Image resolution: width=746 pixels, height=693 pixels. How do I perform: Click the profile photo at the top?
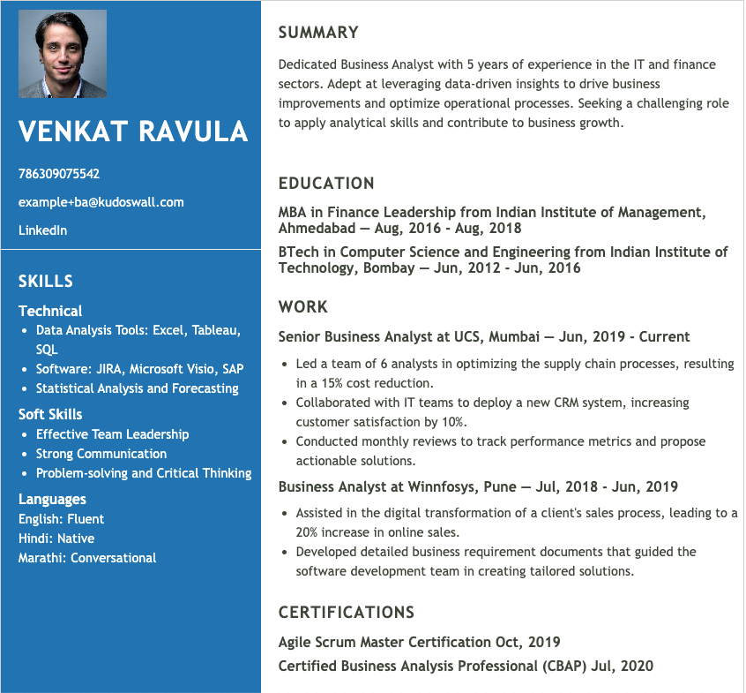point(63,54)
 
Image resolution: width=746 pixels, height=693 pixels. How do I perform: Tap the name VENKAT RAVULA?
point(133,132)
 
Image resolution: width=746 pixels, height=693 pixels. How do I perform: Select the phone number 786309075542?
point(59,174)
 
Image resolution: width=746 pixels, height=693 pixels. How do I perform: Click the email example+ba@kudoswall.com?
point(101,202)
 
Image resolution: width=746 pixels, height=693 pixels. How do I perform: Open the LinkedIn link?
point(43,230)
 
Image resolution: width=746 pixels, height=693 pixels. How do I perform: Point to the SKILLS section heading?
point(46,282)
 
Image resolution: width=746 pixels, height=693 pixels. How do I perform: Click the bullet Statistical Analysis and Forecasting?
point(138,388)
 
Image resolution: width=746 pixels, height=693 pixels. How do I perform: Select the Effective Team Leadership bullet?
point(113,434)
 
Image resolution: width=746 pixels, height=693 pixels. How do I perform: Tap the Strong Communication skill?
point(101,454)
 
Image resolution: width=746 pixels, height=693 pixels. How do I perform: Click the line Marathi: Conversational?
point(87,558)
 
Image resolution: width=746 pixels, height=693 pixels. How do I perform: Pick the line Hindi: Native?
point(56,539)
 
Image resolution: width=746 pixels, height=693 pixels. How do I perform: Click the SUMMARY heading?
point(318,33)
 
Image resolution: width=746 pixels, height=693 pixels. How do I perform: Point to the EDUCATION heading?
point(326,184)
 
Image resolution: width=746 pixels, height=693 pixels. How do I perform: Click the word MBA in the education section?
point(294,213)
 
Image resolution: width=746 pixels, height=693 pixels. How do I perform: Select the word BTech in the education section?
point(297,252)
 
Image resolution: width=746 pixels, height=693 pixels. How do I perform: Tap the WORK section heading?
point(303,307)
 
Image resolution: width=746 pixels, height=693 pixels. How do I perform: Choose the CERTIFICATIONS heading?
point(347,613)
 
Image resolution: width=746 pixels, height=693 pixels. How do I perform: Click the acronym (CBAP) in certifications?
point(563,667)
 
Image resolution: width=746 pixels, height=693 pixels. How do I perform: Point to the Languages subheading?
point(53,500)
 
